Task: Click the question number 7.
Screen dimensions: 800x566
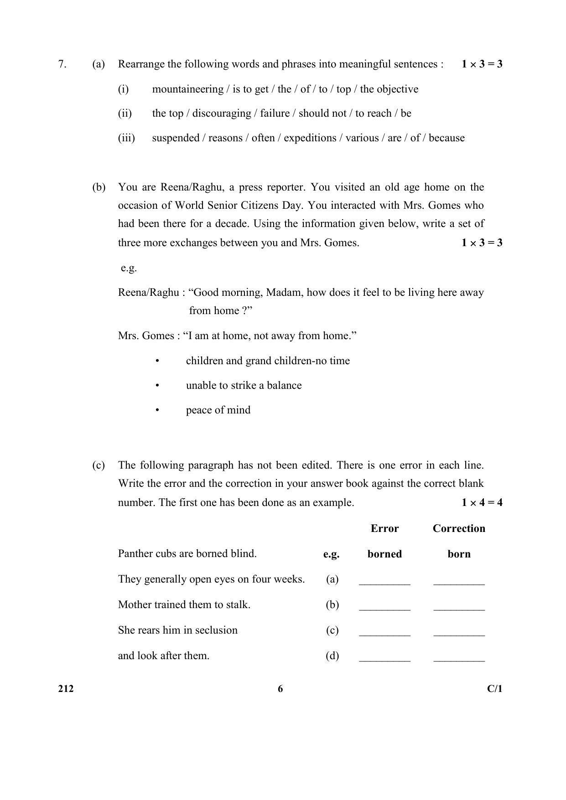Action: [62, 64]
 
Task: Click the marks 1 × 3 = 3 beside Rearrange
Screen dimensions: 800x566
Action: [481, 64]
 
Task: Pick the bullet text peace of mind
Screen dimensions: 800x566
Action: [218, 410]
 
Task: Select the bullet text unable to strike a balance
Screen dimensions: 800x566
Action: [244, 385]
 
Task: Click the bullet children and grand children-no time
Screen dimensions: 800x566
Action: [268, 361]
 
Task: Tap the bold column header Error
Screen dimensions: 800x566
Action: [384, 528]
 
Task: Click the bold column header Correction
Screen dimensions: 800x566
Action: [459, 528]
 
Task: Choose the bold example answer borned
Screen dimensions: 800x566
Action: [384, 554]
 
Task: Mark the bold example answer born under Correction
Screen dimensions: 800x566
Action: [459, 554]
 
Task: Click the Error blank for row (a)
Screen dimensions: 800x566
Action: [384, 582]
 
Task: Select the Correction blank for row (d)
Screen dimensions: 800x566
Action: [459, 658]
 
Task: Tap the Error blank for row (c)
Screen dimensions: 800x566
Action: [384, 633]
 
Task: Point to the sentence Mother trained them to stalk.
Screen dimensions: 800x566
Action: [184, 605]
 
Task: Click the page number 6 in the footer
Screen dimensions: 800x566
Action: [280, 689]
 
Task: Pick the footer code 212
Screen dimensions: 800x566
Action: [66, 689]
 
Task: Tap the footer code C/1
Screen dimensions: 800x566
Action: [494, 689]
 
